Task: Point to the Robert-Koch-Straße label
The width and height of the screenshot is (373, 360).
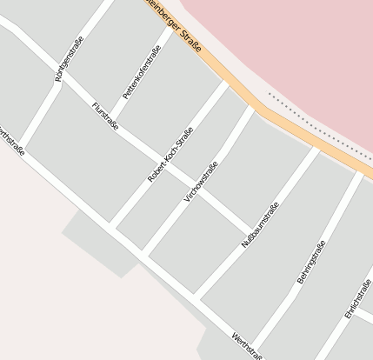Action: (170, 154)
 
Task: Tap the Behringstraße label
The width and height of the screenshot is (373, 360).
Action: (311, 261)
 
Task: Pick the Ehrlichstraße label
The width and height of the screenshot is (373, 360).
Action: (357, 299)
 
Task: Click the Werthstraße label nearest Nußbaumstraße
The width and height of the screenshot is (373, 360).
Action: (248, 347)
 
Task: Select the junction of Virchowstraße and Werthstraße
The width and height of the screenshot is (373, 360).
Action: (142, 255)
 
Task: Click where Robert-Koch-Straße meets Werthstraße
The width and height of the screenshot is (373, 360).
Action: (110, 228)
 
